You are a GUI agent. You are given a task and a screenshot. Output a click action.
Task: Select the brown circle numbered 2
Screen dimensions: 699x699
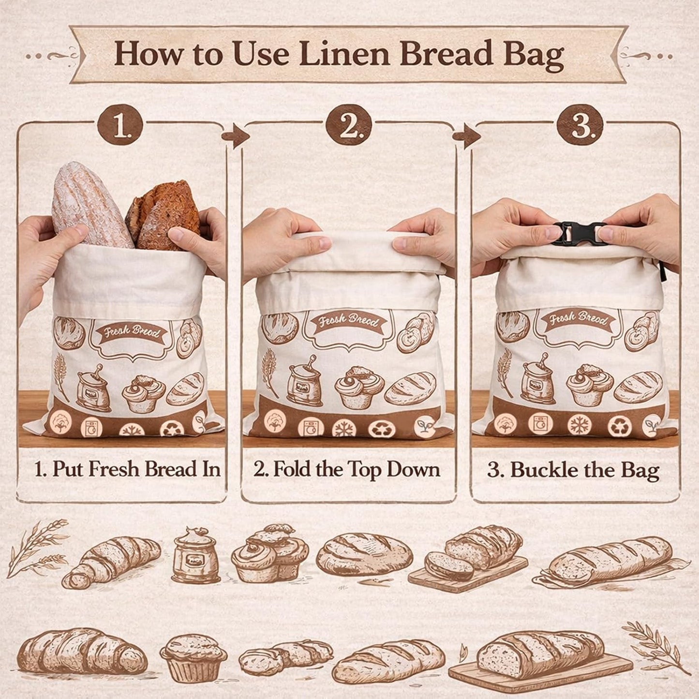coord(350,128)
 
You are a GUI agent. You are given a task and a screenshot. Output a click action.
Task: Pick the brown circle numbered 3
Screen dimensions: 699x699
coord(580,128)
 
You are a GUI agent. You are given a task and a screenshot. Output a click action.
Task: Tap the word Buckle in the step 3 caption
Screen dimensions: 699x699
coord(544,471)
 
